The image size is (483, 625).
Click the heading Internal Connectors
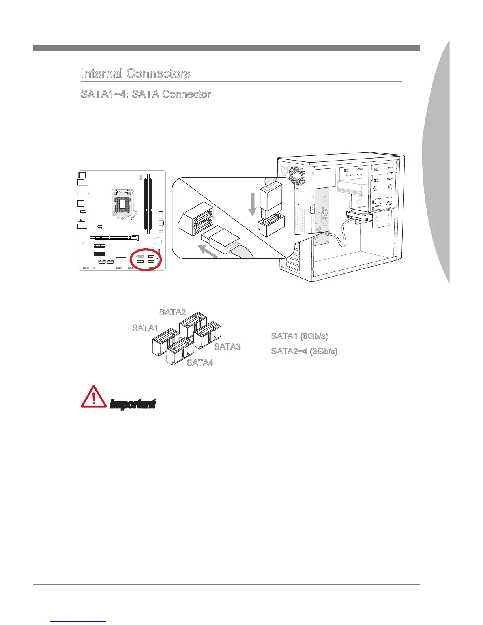pyautogui.click(x=135, y=74)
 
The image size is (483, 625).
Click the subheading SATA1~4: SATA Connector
pyautogui.click(x=146, y=95)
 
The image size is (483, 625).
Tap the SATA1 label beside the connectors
pyautogui.click(x=145, y=328)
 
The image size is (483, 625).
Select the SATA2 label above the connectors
pyautogui.click(x=172, y=312)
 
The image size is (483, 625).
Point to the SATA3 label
pyautogui.click(x=227, y=347)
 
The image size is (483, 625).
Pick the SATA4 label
pyautogui.click(x=200, y=363)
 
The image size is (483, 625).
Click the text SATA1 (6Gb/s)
pyautogui.click(x=300, y=336)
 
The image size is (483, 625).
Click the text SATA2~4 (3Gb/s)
pyautogui.click(x=304, y=351)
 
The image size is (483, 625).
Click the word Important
pyautogui.click(x=133, y=404)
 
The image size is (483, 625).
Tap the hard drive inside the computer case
pyautogui.click(x=360, y=216)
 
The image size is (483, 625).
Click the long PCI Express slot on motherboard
pyautogui.click(x=114, y=238)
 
